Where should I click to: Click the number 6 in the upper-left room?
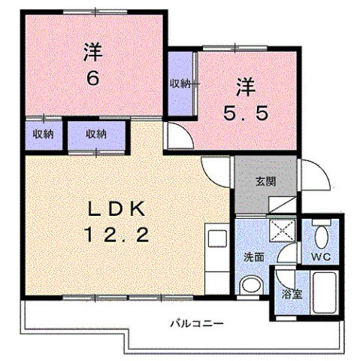coord(92,78)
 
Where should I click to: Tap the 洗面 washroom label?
coord(253,256)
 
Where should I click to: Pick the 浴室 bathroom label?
coord(292,293)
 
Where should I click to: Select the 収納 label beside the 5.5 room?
coord(179,83)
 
